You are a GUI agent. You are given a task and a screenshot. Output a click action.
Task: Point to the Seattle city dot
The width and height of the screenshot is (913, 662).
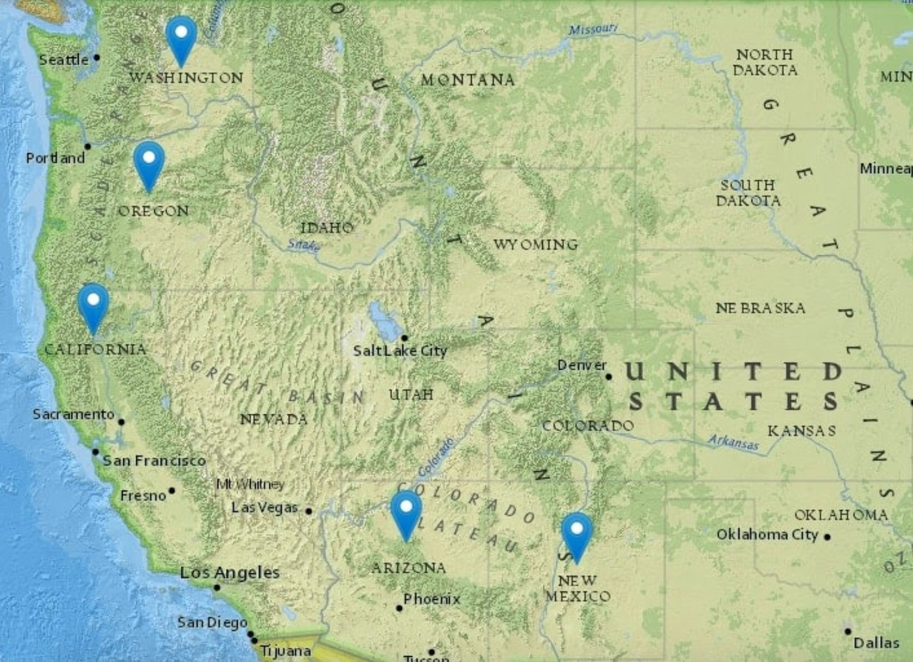pyautogui.click(x=97, y=58)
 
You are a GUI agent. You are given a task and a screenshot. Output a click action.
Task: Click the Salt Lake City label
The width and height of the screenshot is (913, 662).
pyautogui.click(x=400, y=351)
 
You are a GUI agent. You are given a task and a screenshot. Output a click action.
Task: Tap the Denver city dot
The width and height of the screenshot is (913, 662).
pyautogui.click(x=608, y=377)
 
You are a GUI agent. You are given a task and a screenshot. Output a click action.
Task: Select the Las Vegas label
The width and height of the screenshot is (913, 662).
pyautogui.click(x=264, y=508)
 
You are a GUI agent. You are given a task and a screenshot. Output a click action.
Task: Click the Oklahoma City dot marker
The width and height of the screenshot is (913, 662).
pyautogui.click(x=827, y=537)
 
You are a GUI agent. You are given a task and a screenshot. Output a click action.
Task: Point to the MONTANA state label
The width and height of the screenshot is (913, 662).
pyautogui.click(x=468, y=80)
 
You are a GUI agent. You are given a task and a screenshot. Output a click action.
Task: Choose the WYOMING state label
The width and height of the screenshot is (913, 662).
pyautogui.click(x=535, y=245)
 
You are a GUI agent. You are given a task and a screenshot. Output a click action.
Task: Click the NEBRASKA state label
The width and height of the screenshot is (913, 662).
pyautogui.click(x=760, y=308)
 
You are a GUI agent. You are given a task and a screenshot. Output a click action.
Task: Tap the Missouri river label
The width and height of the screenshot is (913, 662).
pyautogui.click(x=593, y=29)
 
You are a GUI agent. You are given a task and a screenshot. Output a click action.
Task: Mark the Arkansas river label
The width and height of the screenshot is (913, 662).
pyautogui.click(x=733, y=442)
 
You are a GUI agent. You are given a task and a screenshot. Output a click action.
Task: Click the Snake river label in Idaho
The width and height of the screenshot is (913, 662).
pyautogui.click(x=303, y=245)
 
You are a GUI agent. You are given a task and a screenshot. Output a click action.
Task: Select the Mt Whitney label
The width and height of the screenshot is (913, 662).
pyautogui.click(x=250, y=484)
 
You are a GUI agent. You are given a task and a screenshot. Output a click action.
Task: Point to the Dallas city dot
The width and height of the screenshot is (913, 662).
pyautogui.click(x=848, y=631)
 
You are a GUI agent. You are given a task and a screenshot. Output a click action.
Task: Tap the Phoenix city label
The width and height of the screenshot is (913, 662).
pyautogui.click(x=432, y=599)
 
